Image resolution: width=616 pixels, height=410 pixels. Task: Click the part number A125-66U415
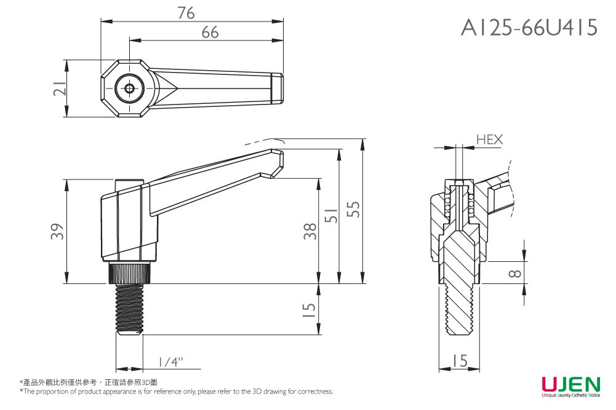click(x=529, y=27)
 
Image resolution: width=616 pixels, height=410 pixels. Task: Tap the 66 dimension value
click(x=210, y=33)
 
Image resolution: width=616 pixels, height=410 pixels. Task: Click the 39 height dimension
click(x=57, y=232)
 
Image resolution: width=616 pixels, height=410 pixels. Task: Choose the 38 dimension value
click(x=311, y=231)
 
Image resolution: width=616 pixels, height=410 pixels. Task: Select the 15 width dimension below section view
click(x=459, y=361)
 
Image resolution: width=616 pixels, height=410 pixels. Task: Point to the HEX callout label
click(x=489, y=140)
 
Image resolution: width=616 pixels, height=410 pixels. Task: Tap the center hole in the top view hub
click(x=129, y=89)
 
